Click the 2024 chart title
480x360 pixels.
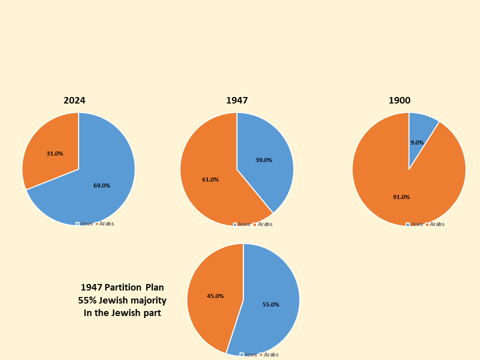[x=74, y=100]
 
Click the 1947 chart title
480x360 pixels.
[x=237, y=100]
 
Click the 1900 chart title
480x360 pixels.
[x=399, y=100]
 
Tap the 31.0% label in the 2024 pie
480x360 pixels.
[x=54, y=153]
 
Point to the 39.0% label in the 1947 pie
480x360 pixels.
[x=263, y=160]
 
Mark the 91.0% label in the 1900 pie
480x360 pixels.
[x=401, y=197]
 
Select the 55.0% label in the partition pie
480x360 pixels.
[x=270, y=304]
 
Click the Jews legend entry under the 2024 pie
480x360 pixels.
[x=85, y=223]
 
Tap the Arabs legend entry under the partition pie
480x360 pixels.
[x=270, y=354]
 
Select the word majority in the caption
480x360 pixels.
[x=148, y=300]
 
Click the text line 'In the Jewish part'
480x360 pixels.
[x=122, y=313]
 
